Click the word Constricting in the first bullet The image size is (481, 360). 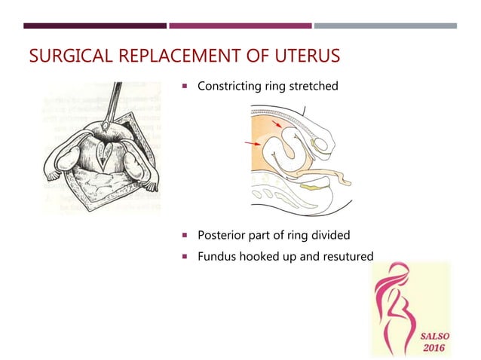(230, 87)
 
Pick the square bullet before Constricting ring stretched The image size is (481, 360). (184, 87)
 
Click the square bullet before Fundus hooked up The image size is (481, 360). (184, 258)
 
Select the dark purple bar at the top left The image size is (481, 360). (95, 26)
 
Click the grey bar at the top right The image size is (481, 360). (385, 26)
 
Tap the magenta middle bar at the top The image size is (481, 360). (240, 26)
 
